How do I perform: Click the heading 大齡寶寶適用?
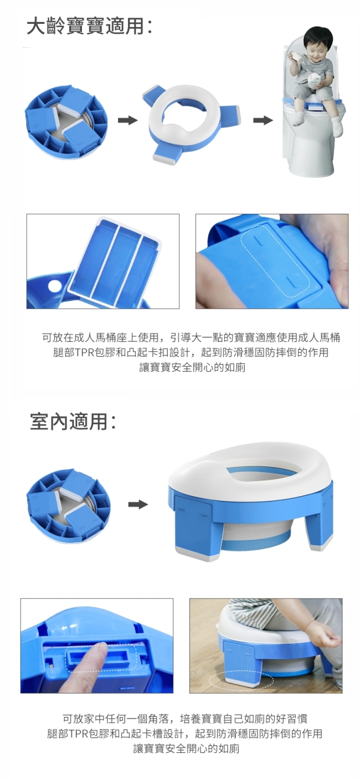point(85,27)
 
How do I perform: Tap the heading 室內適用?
point(69,422)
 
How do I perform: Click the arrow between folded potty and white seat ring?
point(127,121)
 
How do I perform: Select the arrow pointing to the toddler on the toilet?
point(263,121)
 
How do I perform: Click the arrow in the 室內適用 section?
point(138,505)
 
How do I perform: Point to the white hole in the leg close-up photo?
point(55,286)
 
